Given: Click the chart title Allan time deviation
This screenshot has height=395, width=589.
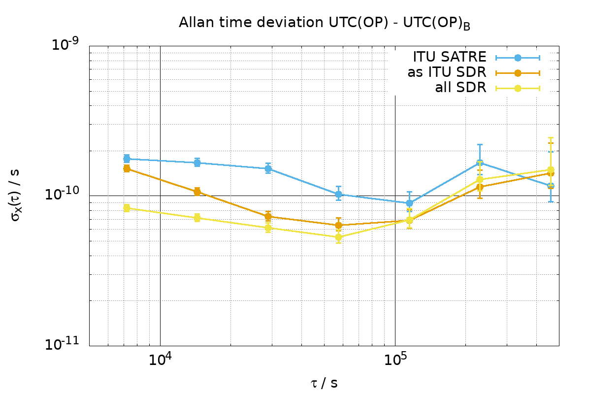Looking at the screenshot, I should point(324,23).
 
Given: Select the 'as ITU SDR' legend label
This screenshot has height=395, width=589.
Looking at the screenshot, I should point(447,73).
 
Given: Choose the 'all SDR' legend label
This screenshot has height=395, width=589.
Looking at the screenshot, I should point(460,88).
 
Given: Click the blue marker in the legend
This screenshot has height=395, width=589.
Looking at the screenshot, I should point(518,58).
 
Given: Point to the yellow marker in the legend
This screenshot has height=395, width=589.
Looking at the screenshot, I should point(518,88).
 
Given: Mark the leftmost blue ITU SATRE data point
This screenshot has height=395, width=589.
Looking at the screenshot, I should point(127,159).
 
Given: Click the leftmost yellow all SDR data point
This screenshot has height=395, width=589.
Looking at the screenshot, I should point(127,208).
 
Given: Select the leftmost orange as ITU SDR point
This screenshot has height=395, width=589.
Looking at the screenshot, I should point(127,168).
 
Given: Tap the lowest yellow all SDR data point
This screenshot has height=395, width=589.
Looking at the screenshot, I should point(338,237).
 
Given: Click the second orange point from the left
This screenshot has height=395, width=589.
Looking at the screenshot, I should point(197,192).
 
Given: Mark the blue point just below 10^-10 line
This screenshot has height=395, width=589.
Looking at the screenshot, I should point(409,203).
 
